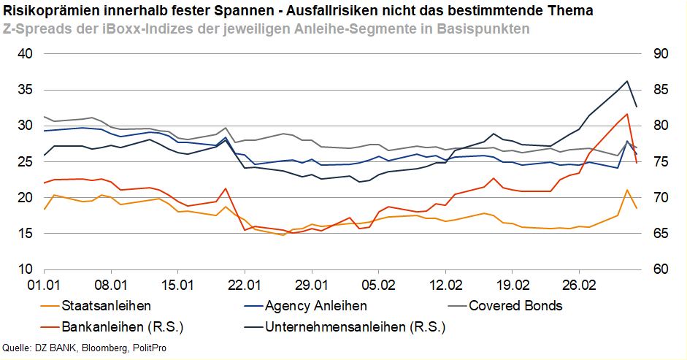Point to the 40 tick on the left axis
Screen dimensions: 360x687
pyautogui.click(x=26, y=54)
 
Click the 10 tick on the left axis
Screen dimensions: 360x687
pyautogui.click(x=26, y=269)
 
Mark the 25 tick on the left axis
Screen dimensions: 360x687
pyautogui.click(x=26, y=162)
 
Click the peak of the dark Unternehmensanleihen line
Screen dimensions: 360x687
pyautogui.click(x=627, y=81)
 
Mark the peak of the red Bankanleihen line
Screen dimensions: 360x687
pyautogui.click(x=627, y=114)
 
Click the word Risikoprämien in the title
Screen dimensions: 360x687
pyautogui.click(x=47, y=11)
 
